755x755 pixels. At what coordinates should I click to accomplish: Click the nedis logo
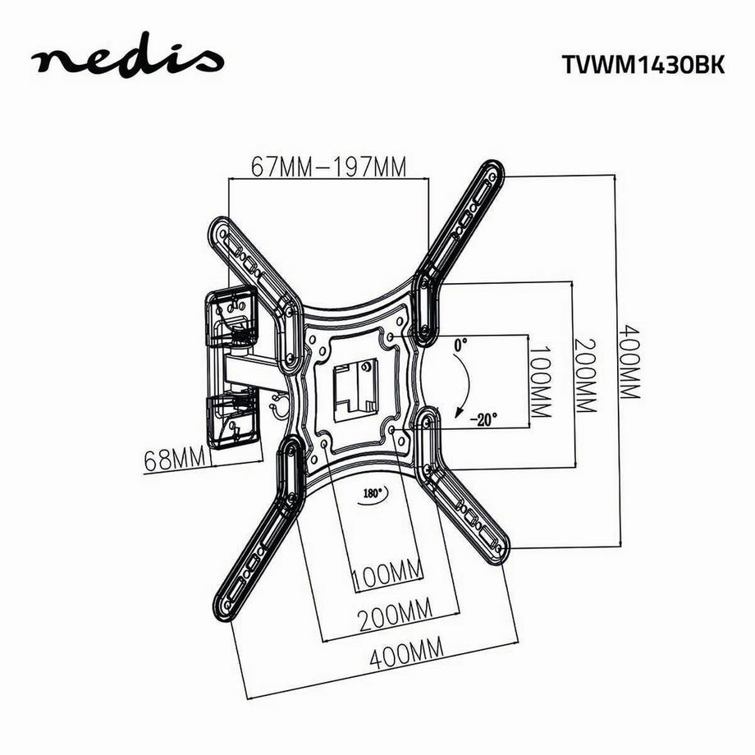pos(127,60)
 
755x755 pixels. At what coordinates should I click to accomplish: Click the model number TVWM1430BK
pos(632,66)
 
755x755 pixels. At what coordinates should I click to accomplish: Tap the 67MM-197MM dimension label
pos(329,167)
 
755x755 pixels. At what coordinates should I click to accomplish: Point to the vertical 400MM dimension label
pos(629,360)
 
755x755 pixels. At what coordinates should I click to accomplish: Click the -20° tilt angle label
pos(484,419)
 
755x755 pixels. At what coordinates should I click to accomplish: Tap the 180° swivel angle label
pos(373,494)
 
